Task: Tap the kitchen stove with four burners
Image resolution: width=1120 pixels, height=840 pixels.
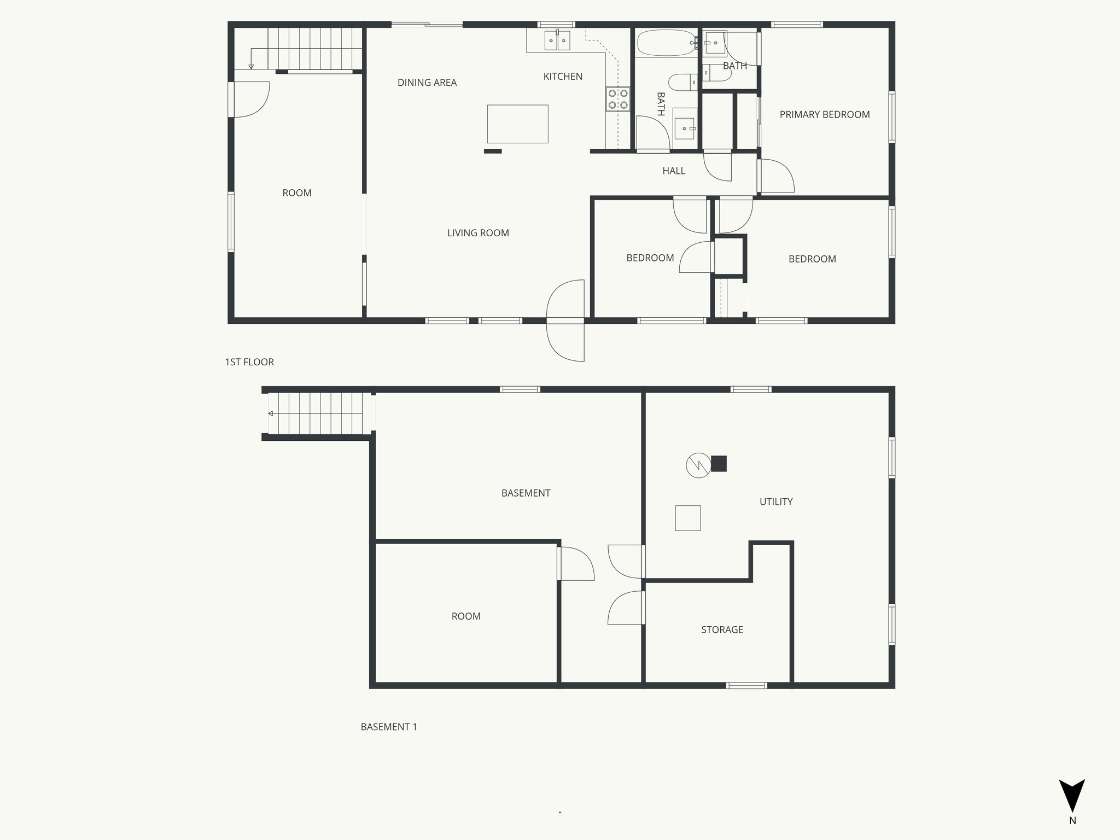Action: tap(618, 99)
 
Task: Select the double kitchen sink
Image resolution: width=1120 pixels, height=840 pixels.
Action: tap(557, 40)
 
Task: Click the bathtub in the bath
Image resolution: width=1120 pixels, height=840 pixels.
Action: tap(665, 43)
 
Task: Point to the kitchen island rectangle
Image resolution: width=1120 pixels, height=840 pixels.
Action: tap(517, 124)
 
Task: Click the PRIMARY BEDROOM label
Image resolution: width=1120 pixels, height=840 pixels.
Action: tap(824, 115)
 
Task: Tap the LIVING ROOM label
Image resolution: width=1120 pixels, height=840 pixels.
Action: tap(478, 233)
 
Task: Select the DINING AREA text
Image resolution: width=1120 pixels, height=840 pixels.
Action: tap(427, 83)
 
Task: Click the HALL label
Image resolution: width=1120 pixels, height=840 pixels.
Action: tap(674, 171)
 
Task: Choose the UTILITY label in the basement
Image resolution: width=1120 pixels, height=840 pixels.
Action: tap(775, 501)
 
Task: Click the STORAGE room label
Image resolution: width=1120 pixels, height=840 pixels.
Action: tap(722, 630)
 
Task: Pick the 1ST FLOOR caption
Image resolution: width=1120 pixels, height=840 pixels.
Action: tap(249, 362)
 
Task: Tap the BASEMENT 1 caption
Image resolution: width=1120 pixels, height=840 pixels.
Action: tap(389, 727)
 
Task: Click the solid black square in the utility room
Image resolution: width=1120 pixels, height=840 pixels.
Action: tap(719, 464)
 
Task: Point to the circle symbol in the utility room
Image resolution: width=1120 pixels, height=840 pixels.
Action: tap(698, 465)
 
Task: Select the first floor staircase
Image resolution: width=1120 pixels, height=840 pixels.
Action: tap(314, 48)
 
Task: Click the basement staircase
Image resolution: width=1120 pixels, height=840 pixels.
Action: tap(317, 413)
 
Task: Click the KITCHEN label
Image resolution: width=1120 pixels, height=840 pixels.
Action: tap(563, 77)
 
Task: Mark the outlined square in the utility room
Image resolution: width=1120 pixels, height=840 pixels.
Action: tap(688, 518)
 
